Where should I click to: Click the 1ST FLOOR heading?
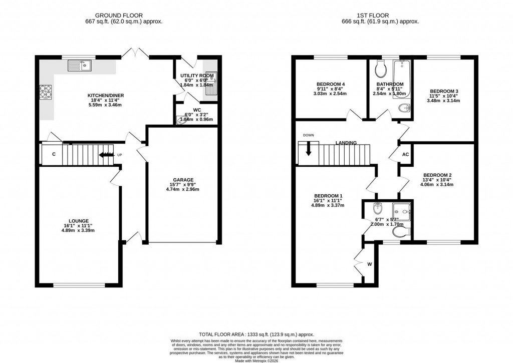pyautogui.click(x=381, y=15)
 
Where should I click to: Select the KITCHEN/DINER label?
pyautogui.click(x=106, y=95)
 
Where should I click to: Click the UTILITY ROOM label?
pyautogui.click(x=197, y=76)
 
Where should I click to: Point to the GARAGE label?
pyautogui.click(x=184, y=180)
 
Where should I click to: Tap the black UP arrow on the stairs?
pyautogui.click(x=106, y=155)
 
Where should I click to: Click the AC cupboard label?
pyautogui.click(x=406, y=154)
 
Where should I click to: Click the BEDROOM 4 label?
pyautogui.click(x=331, y=84)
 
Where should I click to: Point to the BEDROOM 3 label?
pyautogui.click(x=442, y=91)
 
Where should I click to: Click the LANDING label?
pyautogui.click(x=346, y=143)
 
